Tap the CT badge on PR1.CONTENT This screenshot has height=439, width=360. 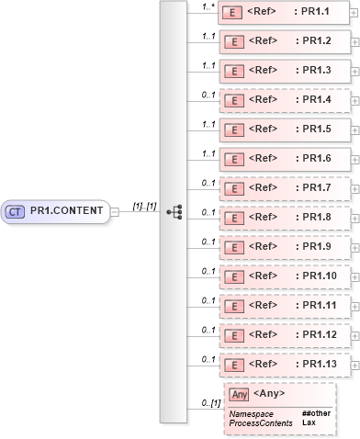tap(16, 211)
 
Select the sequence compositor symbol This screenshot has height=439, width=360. tap(174, 211)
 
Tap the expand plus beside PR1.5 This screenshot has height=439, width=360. tap(355, 128)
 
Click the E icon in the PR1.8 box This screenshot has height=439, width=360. tap(233, 219)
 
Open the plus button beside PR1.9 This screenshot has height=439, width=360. tap(355, 247)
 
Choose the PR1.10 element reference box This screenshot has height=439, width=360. tap(284, 276)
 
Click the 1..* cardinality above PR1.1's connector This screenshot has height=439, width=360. tap(208, 6)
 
